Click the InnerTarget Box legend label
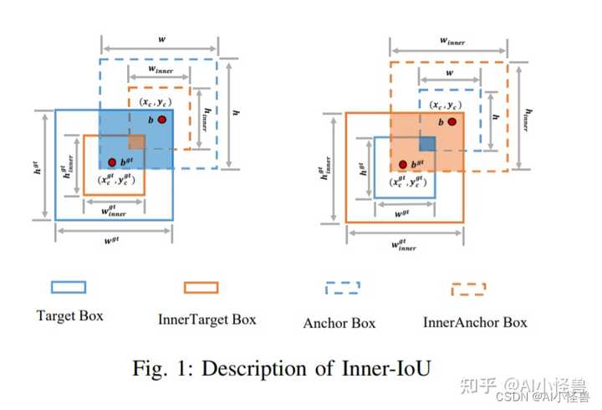[x=207, y=320]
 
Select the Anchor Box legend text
[x=339, y=323]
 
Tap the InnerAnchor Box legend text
[x=475, y=322]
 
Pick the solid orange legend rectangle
[x=200, y=287]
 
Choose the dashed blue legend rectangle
[x=341, y=288]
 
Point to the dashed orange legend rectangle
[x=468, y=289]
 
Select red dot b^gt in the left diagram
[x=111, y=161]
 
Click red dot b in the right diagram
[x=451, y=122]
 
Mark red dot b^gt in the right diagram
[x=403, y=164]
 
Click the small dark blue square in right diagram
[x=426, y=143]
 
